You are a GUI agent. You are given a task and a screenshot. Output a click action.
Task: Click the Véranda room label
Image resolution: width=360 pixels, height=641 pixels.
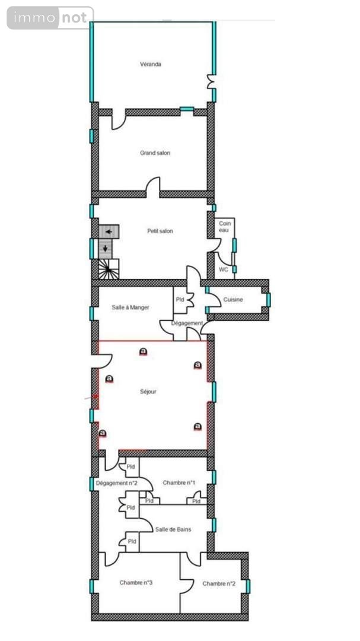tap(151, 64)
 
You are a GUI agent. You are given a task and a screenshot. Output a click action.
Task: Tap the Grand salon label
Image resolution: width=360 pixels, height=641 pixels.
tap(155, 153)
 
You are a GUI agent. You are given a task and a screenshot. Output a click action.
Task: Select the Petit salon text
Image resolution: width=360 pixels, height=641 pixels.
tap(160, 231)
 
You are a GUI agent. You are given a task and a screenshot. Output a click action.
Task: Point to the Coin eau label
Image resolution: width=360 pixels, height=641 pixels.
tap(225, 226)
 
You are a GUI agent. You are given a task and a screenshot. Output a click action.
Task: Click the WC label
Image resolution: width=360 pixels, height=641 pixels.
tap(223, 269)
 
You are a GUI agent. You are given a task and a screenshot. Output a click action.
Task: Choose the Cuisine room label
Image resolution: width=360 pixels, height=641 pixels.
tap(233, 300)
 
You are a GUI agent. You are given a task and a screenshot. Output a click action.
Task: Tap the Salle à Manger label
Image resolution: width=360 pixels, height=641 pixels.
tap(130, 307)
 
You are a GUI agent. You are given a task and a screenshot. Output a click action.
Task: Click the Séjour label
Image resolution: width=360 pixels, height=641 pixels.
tap(148, 392)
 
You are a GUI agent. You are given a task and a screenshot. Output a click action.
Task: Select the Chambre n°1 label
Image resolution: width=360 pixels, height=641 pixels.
tap(179, 483)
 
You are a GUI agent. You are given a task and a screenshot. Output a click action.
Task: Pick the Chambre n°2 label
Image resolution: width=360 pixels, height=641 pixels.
tap(219, 584)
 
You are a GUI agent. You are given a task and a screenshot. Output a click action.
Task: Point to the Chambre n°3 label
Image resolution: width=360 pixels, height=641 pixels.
tap(136, 583)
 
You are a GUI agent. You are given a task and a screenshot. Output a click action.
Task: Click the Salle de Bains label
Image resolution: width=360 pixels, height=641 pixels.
tap(173, 529)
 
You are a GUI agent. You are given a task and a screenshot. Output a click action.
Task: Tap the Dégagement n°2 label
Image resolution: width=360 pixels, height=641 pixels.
tap(117, 483)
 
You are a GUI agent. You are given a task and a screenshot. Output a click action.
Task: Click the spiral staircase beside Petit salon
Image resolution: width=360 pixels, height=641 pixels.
tap(109, 270)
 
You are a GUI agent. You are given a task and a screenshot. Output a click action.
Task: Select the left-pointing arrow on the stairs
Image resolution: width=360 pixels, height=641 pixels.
tap(109, 231)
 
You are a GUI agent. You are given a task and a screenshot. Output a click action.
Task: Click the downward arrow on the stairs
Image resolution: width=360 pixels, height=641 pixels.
tap(106, 248)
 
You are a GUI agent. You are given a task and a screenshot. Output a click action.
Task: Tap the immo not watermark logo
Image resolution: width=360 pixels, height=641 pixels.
tap(50, 18)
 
